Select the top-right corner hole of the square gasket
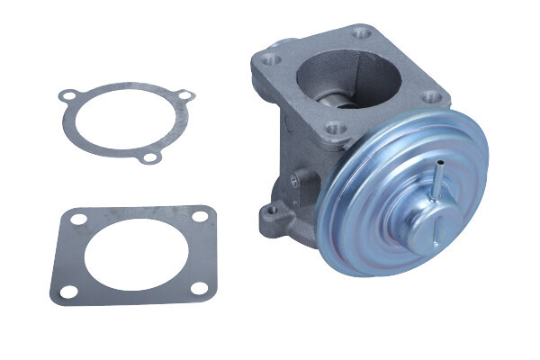coord(198,216)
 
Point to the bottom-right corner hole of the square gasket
coord(199,288)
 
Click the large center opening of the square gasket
coord(133,255)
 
